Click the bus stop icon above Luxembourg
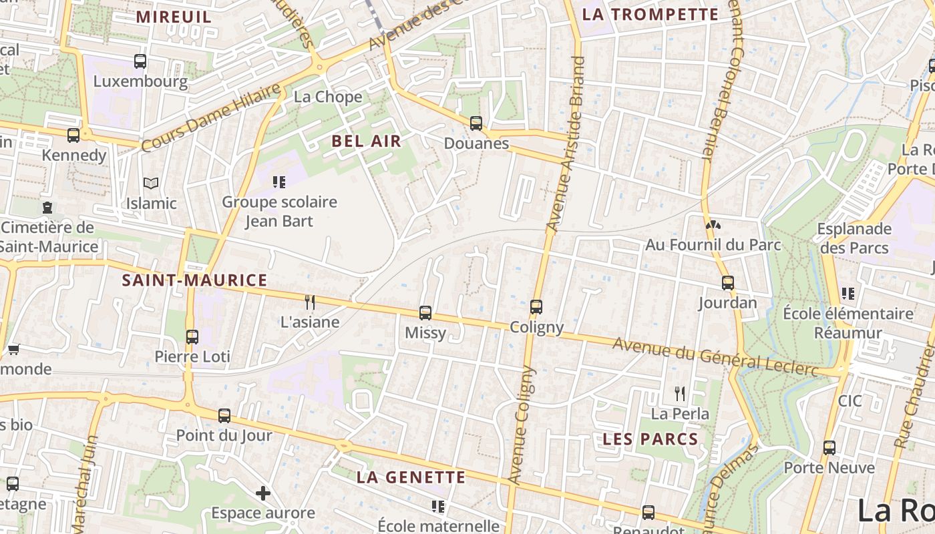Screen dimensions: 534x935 coord(140,61)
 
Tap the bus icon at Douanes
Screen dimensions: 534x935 coord(476,123)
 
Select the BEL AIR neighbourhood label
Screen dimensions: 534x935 coord(367,141)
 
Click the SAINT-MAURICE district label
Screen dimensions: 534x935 coord(194,280)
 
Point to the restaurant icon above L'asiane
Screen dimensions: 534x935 coord(310,302)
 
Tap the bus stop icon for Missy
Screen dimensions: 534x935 coord(425,312)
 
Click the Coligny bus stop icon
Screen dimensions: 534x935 coord(536,307)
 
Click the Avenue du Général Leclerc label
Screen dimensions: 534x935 coord(715,356)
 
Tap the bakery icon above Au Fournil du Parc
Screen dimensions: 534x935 coord(713,225)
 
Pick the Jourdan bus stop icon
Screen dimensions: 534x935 coord(728,283)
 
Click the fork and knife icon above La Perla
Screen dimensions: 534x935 coord(680,393)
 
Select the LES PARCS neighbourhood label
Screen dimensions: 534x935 coord(650,439)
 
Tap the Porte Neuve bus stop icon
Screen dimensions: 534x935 coord(829,447)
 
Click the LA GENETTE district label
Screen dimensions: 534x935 coord(411,477)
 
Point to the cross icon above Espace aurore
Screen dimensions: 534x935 coord(263,493)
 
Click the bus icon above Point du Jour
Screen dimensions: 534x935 coord(224,415)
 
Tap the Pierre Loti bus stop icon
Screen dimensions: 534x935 coord(192,336)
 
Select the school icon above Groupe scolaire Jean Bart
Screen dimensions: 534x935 coord(279,182)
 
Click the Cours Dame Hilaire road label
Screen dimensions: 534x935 coord(211,117)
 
